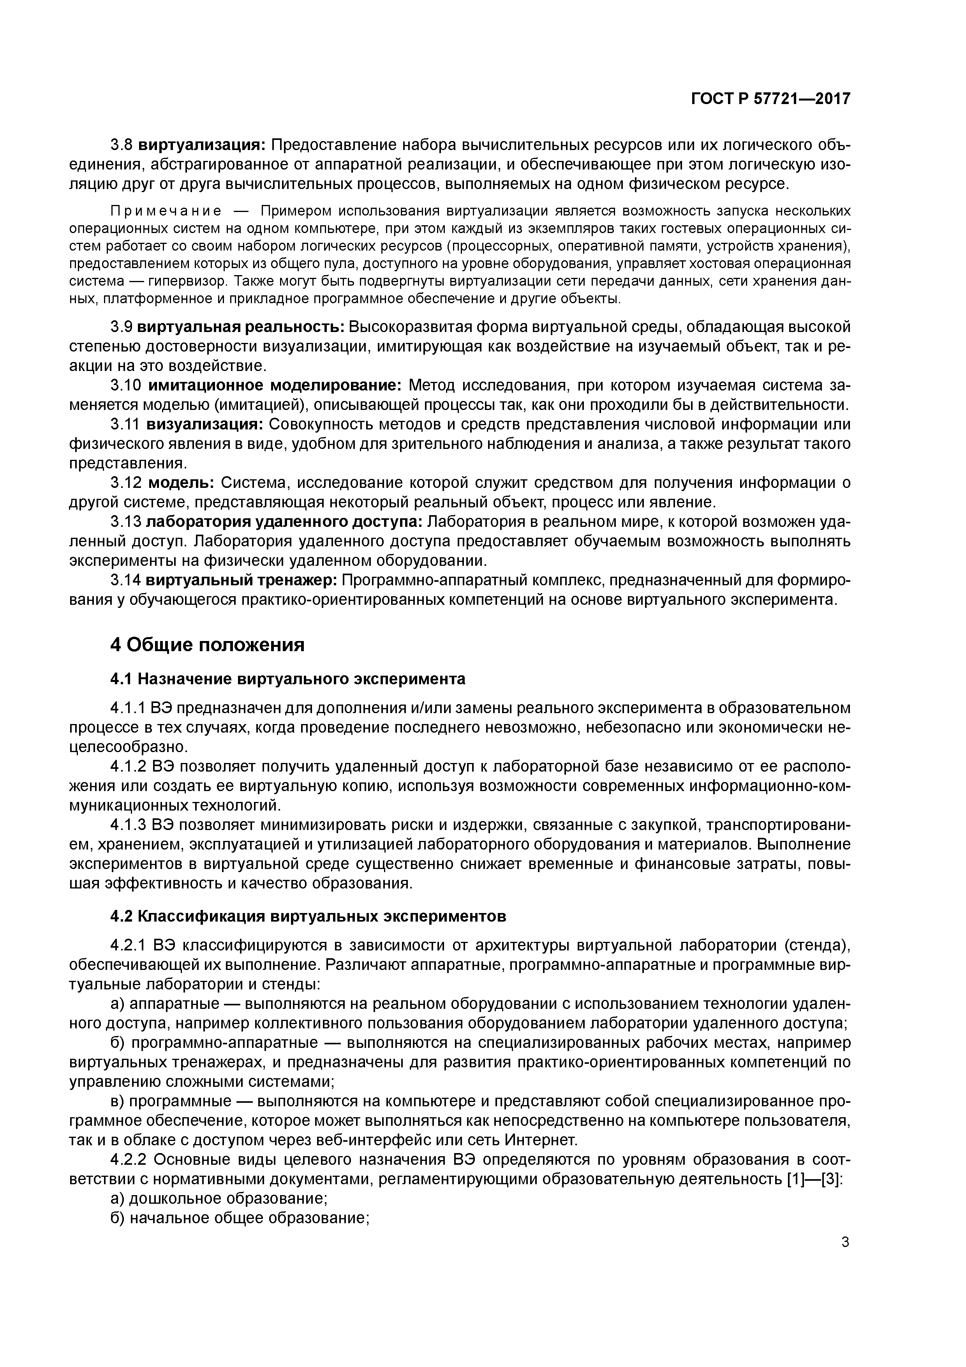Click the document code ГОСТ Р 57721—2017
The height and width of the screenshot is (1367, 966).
click(770, 99)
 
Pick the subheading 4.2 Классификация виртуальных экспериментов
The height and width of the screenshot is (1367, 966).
click(308, 916)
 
